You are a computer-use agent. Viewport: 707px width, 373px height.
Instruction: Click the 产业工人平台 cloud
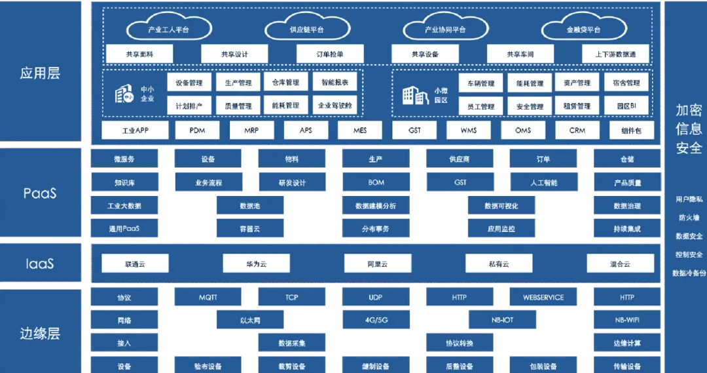click(x=168, y=29)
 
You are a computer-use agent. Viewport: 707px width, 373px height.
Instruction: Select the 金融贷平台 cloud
click(x=583, y=29)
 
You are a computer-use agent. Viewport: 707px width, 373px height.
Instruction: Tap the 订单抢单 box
click(x=329, y=54)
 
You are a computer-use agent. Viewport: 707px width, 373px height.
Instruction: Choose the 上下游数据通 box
click(x=615, y=54)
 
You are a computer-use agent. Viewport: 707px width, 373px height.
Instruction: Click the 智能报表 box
click(x=334, y=83)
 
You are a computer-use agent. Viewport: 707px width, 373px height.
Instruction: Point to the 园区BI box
click(x=626, y=106)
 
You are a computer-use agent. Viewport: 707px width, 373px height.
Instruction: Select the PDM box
click(x=197, y=130)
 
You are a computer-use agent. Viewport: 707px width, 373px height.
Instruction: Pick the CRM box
click(x=577, y=130)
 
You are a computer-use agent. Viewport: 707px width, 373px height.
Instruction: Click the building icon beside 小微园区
click(x=415, y=96)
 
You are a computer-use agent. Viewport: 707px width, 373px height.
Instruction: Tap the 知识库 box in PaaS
click(x=124, y=183)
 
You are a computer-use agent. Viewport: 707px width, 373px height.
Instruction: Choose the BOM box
click(x=376, y=183)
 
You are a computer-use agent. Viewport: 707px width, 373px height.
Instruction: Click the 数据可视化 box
click(x=501, y=206)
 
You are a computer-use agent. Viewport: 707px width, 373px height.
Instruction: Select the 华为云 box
click(x=256, y=264)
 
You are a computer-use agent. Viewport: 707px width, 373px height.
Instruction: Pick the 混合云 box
click(x=619, y=264)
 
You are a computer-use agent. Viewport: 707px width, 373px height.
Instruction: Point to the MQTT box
click(x=208, y=298)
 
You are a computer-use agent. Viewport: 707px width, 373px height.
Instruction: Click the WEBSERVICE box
click(x=543, y=298)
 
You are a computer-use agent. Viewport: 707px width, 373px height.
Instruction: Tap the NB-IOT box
click(x=502, y=321)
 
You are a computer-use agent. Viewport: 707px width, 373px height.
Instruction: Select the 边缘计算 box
click(x=626, y=344)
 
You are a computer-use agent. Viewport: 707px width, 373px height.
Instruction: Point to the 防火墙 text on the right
click(x=689, y=218)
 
